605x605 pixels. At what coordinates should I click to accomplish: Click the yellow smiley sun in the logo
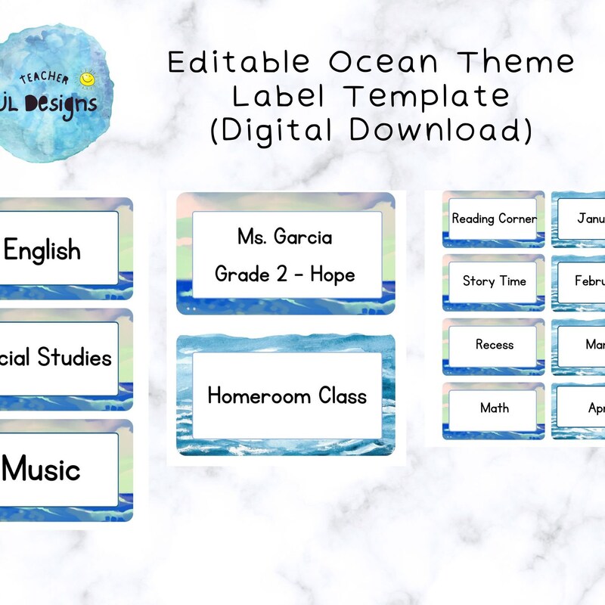tap(88, 79)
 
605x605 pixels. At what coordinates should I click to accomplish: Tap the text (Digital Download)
tap(371, 130)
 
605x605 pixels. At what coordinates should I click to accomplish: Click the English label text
tap(42, 250)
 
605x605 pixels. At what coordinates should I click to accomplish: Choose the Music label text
tap(42, 470)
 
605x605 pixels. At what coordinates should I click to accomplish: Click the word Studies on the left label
tap(74, 357)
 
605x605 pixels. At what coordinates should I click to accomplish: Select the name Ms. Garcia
tap(284, 237)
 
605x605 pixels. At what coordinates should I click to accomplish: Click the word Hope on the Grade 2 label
tap(332, 274)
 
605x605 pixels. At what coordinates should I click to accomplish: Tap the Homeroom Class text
tap(287, 396)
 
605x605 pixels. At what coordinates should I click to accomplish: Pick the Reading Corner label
tap(494, 219)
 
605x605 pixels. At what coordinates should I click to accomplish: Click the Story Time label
tap(494, 281)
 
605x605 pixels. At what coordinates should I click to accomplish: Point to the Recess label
tap(494, 345)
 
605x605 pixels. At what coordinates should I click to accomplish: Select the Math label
tap(494, 408)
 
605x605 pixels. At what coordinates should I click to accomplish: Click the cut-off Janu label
tap(590, 219)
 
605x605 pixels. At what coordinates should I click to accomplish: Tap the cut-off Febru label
tap(589, 281)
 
